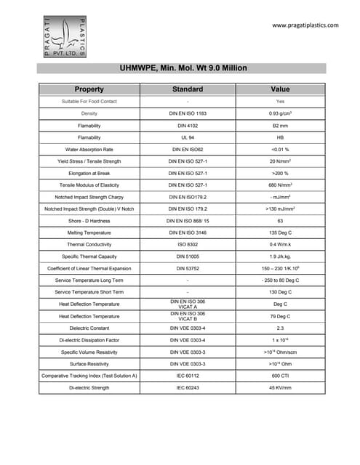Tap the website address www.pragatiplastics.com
(305, 25)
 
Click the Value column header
(280, 89)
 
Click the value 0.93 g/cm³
(280, 113)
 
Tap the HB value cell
(280, 137)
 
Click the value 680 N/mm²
(280, 185)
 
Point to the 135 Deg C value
(280, 232)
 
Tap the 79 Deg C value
(280, 316)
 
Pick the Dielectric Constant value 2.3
(280, 328)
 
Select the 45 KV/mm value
(280, 387)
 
